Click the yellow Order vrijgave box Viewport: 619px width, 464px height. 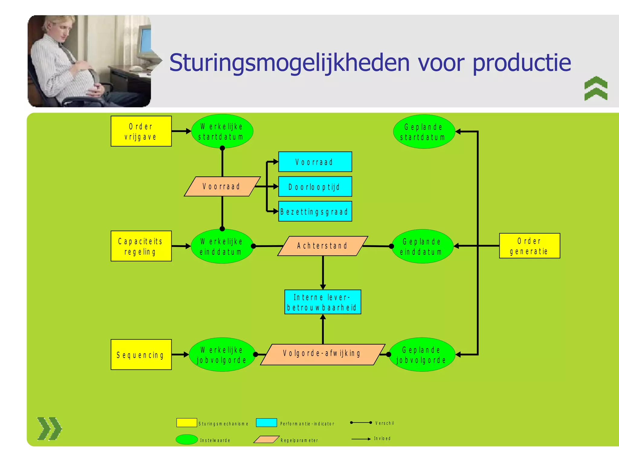click(141, 131)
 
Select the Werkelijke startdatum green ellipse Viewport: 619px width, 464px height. click(222, 131)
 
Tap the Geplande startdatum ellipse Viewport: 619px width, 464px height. click(424, 132)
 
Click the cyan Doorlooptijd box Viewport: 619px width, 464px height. click(315, 187)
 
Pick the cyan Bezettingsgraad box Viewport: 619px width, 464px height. click(315, 211)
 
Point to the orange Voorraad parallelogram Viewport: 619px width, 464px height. click(222, 186)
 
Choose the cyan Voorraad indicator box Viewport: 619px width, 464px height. click(315, 162)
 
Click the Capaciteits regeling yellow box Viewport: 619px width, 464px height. click(141, 246)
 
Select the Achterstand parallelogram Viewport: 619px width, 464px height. click(322, 246)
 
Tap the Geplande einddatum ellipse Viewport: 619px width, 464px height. click(422, 246)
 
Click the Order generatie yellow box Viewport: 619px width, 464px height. click(529, 246)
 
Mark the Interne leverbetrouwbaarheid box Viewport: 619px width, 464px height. click(322, 302)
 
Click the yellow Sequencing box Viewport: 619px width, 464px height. click(141, 355)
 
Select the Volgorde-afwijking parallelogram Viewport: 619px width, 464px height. click(322, 354)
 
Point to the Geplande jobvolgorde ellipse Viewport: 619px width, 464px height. click(422, 355)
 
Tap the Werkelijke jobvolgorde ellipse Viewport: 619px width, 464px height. click(222, 355)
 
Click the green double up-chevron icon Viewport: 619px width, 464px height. click(596, 88)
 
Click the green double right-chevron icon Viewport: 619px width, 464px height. click(50, 428)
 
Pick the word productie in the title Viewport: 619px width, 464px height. click(522, 63)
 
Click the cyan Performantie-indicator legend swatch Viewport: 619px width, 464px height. click(266, 423)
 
